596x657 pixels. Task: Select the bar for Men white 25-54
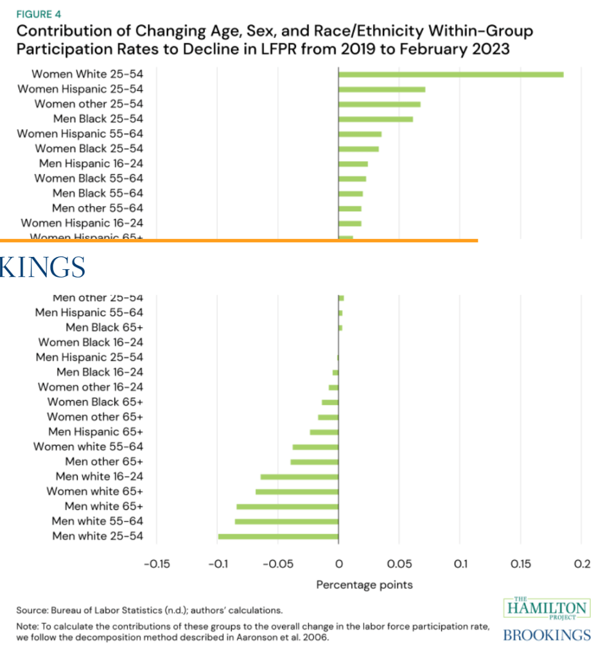click(x=278, y=536)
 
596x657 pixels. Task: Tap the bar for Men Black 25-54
click(x=376, y=119)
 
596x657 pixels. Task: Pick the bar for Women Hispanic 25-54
click(x=381, y=89)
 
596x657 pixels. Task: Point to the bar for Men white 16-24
click(x=299, y=477)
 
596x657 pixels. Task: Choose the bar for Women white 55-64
click(x=315, y=447)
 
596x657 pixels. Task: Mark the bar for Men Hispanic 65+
click(x=324, y=432)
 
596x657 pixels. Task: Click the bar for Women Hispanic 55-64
click(x=360, y=134)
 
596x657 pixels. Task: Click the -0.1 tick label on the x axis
click(x=217, y=564)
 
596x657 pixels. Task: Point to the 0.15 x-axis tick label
click(x=520, y=564)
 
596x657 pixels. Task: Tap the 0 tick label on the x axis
click(x=338, y=564)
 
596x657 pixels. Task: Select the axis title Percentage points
click(x=364, y=584)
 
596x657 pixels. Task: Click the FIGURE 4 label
click(x=39, y=13)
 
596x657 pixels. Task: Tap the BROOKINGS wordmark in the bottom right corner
click(x=547, y=635)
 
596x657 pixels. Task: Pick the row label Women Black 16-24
click(x=91, y=342)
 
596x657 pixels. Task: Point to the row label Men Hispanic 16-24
click(x=91, y=164)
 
